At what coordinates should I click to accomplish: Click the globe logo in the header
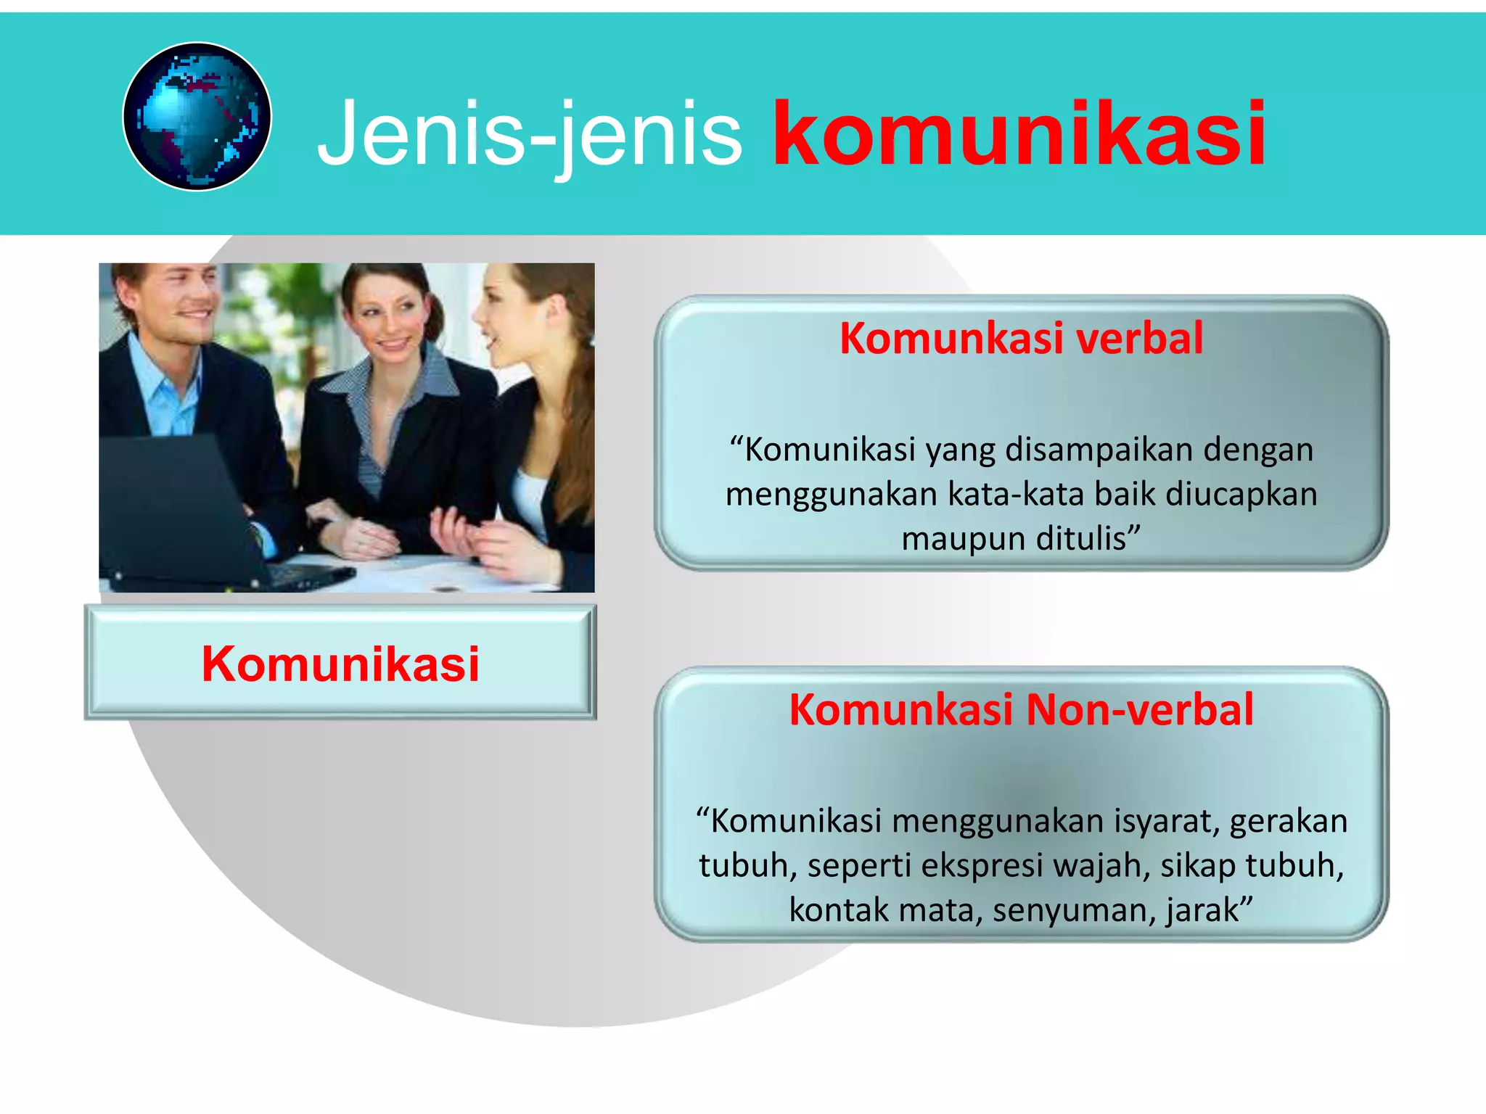[x=197, y=117]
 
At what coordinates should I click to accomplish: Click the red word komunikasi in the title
[x=1019, y=135]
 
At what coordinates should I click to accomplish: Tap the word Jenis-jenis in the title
[x=530, y=135]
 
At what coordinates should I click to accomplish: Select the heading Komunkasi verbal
[x=1021, y=338]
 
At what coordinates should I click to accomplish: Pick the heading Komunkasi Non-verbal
[x=1021, y=709]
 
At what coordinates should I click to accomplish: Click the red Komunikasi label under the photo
[x=340, y=664]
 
